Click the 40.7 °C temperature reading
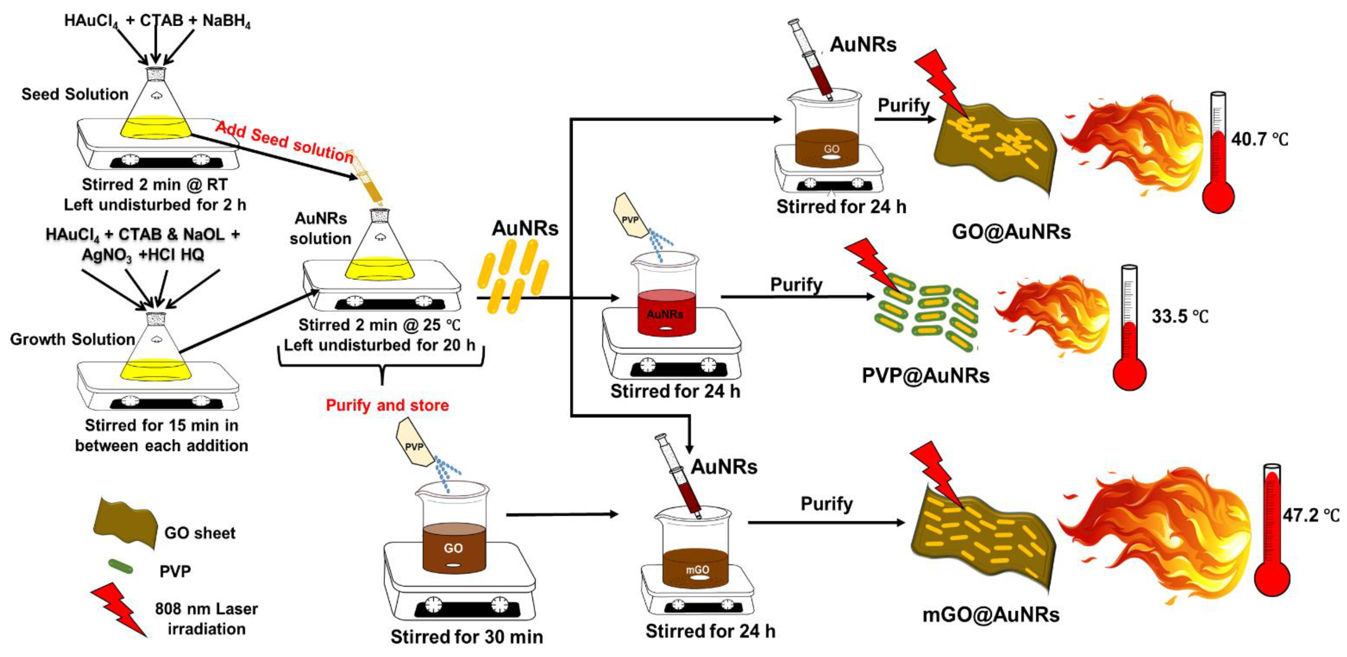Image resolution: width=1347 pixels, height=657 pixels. point(1259,139)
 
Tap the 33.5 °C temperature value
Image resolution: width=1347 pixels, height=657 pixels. point(1180,316)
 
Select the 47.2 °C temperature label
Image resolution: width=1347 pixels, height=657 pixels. point(1310,515)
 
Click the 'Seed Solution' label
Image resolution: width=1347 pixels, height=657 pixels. point(75,94)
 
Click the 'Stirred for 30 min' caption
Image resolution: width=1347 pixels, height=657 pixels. point(466,637)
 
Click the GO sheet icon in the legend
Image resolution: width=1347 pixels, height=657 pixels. point(126,523)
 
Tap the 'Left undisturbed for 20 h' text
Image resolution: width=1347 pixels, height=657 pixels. point(379,345)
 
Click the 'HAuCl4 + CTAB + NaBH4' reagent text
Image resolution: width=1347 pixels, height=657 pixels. point(157,21)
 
